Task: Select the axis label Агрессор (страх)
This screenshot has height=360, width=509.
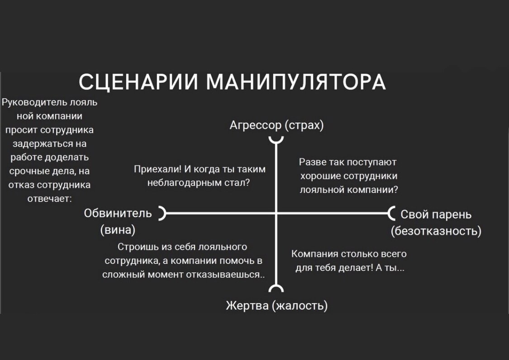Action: [276, 125]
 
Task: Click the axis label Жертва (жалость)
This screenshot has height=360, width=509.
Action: [276, 306]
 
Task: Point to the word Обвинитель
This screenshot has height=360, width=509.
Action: [118, 213]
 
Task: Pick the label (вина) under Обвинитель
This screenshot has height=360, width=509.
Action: [118, 230]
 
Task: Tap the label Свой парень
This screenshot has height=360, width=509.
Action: [436, 214]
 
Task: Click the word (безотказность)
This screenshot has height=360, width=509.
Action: [436, 231]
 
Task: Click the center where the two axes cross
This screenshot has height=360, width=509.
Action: [276, 212]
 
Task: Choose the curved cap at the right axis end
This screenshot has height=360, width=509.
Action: [392, 212]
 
